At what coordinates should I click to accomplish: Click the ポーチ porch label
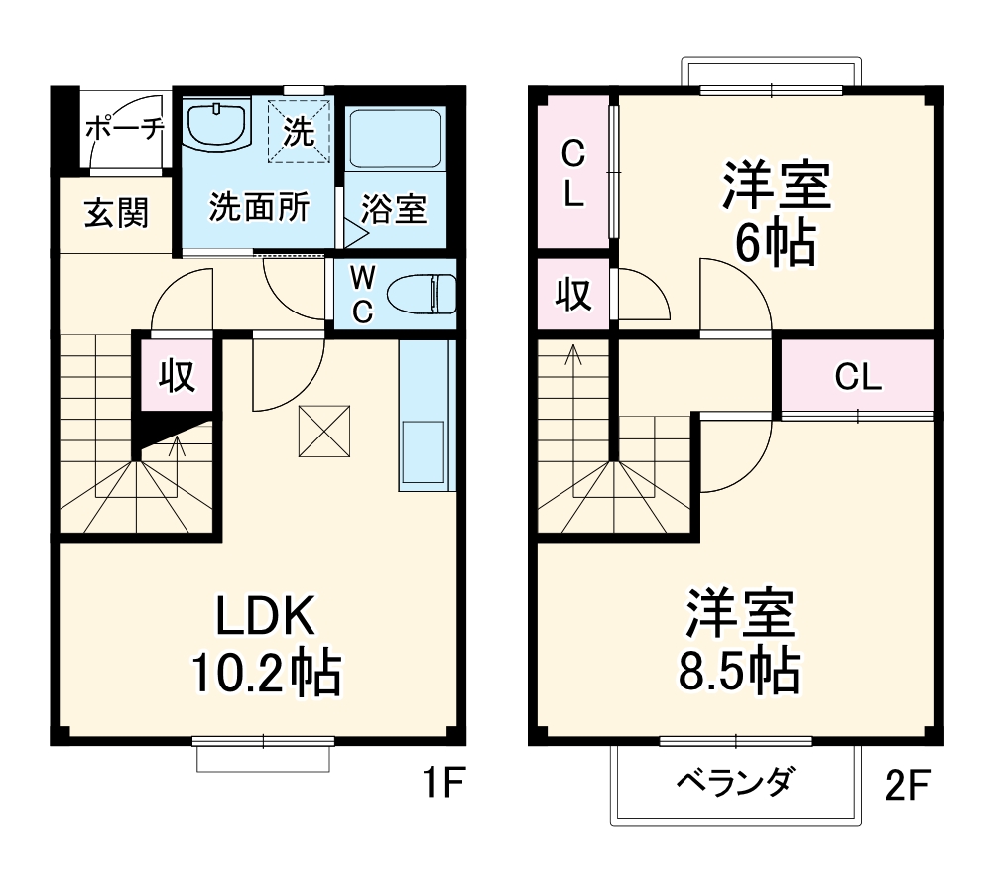[x=123, y=128]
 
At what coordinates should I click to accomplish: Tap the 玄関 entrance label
[x=116, y=213]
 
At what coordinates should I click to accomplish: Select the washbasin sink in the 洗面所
[x=216, y=126]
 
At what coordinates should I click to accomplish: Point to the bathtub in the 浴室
[x=395, y=139]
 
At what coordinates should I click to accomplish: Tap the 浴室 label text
[x=394, y=210]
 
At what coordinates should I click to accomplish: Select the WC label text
[x=362, y=294]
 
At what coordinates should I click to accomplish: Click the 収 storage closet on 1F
[x=178, y=376]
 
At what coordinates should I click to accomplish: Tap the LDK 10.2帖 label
[x=266, y=647]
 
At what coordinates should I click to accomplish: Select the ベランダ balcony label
[x=734, y=783]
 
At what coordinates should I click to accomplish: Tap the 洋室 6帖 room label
[x=775, y=212]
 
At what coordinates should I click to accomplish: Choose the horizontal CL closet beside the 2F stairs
[x=858, y=376]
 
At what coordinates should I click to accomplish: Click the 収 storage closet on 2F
[x=572, y=295]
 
